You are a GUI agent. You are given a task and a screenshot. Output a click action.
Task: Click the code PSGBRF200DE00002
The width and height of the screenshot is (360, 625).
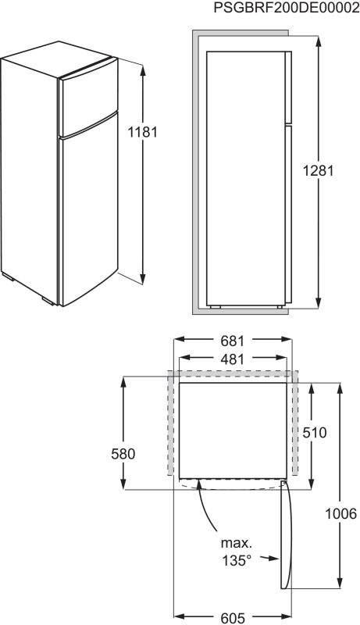pyautogui.click(x=287, y=8)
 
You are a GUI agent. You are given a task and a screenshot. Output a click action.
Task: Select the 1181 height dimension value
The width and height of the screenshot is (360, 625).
pyautogui.click(x=143, y=131)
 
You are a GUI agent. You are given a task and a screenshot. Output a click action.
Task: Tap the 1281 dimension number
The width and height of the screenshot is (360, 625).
pyautogui.click(x=318, y=171)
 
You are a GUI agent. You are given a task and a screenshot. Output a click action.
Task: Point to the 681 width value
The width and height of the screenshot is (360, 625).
pyautogui.click(x=232, y=341)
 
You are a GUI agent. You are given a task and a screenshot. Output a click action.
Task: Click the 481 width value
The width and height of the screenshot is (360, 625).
pyautogui.click(x=232, y=359)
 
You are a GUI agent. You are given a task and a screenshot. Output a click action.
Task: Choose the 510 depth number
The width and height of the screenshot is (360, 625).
pyautogui.click(x=314, y=433)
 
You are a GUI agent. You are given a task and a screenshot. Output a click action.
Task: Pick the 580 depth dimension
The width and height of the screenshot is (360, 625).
pyautogui.click(x=123, y=454)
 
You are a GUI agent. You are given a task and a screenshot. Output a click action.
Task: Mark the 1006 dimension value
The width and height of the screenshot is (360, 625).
pyautogui.click(x=341, y=514)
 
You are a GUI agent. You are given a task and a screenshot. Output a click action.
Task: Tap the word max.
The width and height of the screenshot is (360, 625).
pyautogui.click(x=237, y=542)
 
